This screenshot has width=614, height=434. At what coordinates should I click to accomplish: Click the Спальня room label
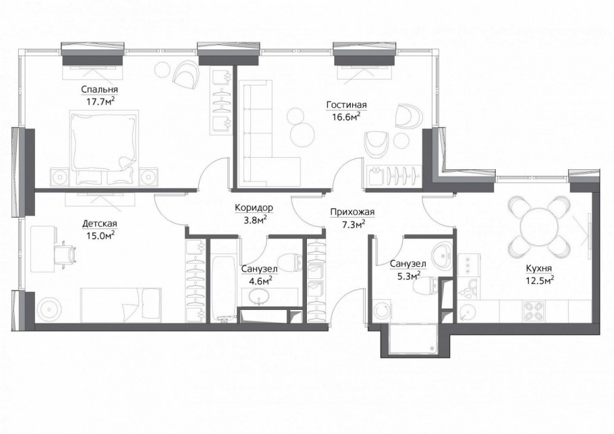click(99, 90)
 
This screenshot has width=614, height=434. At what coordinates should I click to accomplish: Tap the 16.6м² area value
click(343, 117)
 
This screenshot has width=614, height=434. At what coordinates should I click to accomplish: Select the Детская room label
click(99, 224)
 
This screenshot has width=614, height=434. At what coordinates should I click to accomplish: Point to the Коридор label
click(254, 208)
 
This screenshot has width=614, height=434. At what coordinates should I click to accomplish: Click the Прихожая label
click(352, 212)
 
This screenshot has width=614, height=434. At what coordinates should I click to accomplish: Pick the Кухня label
click(539, 269)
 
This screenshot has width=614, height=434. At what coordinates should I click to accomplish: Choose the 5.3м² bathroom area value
click(408, 276)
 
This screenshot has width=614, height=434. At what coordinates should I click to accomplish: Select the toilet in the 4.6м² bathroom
click(290, 263)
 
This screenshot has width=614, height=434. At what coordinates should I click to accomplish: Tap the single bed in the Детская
click(121, 305)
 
